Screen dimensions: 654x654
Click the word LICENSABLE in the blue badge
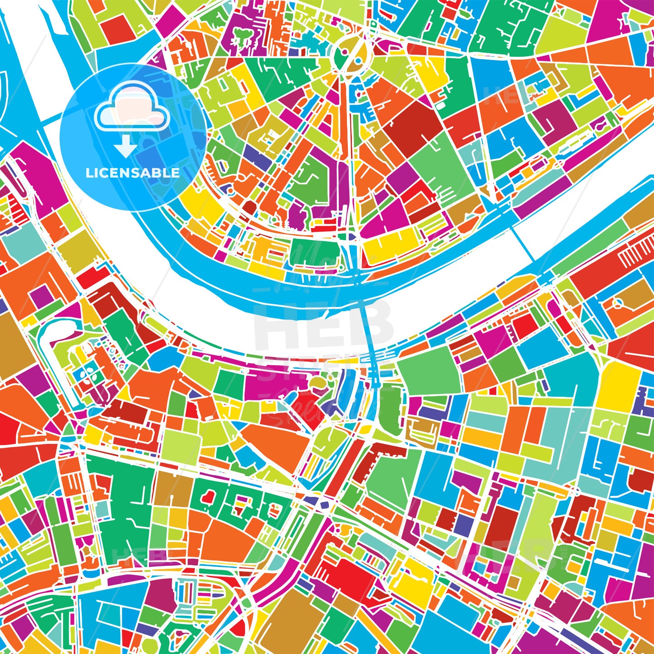click(133, 173)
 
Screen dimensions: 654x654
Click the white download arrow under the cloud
click(125, 146)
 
